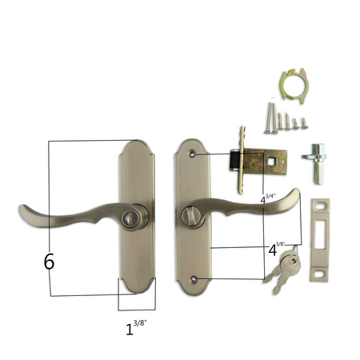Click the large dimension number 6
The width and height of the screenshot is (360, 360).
50,261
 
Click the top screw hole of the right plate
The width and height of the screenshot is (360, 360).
195,153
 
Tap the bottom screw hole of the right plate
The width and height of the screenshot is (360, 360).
196,278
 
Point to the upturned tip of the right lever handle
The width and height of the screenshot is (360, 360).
295,195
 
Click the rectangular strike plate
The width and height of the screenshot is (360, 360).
320,239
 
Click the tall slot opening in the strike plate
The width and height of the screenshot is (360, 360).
323,234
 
